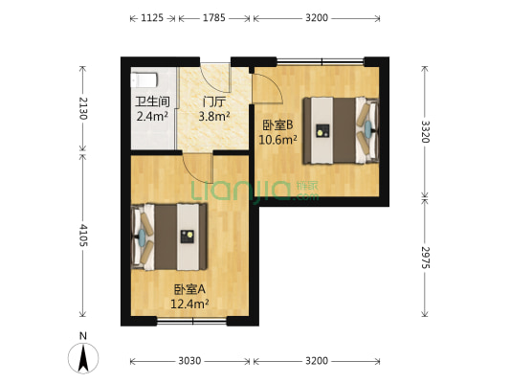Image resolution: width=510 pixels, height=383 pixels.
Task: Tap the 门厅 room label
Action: click(x=213, y=101)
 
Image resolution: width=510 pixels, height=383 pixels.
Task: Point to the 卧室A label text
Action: click(x=190, y=289)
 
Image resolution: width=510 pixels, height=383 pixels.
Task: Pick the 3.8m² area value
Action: click(x=213, y=117)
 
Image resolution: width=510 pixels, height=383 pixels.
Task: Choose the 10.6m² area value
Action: click(x=278, y=139)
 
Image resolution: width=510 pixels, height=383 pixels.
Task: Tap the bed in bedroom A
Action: click(x=172, y=237)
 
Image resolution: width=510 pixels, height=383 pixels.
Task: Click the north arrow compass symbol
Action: click(x=84, y=356)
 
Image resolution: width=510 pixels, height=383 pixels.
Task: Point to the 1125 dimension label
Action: click(x=151, y=17)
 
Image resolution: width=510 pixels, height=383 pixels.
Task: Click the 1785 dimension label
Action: click(x=215, y=17)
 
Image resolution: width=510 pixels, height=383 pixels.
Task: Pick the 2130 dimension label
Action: click(x=84, y=107)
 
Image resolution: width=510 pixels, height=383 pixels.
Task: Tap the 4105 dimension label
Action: click(x=84, y=235)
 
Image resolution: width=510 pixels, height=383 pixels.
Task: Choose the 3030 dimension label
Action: click(x=189, y=361)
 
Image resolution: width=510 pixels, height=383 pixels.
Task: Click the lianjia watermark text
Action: click(x=253, y=191)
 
